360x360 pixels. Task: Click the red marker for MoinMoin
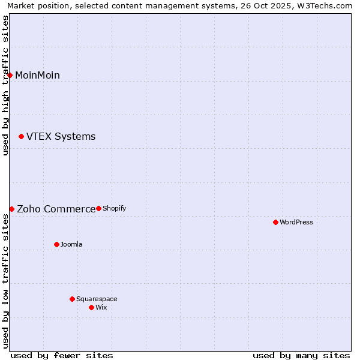(10, 75)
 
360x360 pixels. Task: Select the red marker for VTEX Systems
(21, 137)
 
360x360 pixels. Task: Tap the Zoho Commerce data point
(11, 209)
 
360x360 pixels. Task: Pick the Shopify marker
(98, 208)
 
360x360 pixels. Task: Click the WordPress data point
(275, 222)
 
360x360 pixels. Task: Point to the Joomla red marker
(56, 244)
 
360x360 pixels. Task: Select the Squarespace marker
(72, 299)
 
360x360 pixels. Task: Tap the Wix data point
(91, 307)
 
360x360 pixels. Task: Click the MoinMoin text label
(37, 75)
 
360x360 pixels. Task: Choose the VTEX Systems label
(61, 137)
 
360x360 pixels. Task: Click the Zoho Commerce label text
(56, 209)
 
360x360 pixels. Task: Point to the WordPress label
(296, 222)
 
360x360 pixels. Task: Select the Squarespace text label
(97, 299)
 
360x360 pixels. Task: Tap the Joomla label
(71, 244)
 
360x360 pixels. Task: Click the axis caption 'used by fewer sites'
(62, 355)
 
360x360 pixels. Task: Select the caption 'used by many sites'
(301, 355)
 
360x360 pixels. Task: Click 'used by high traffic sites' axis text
(5, 85)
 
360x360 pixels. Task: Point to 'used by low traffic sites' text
(5, 281)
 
